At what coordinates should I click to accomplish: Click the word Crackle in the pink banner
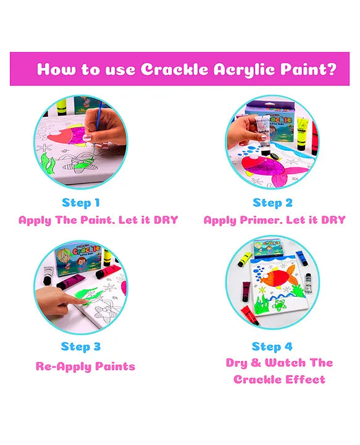(x=174, y=69)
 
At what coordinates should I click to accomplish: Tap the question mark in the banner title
(x=331, y=69)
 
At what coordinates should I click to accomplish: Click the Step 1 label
(x=81, y=203)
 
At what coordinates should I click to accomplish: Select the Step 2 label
(x=272, y=203)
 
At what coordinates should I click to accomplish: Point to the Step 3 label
(x=81, y=347)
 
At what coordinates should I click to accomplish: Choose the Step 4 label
(x=272, y=347)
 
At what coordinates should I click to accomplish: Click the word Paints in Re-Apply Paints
(x=115, y=367)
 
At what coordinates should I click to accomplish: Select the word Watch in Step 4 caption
(x=285, y=363)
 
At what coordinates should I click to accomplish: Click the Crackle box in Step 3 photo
(x=78, y=260)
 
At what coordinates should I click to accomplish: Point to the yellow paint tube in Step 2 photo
(x=303, y=133)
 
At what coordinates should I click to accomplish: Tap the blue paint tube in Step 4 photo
(x=301, y=258)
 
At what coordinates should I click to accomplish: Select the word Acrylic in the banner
(x=244, y=69)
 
